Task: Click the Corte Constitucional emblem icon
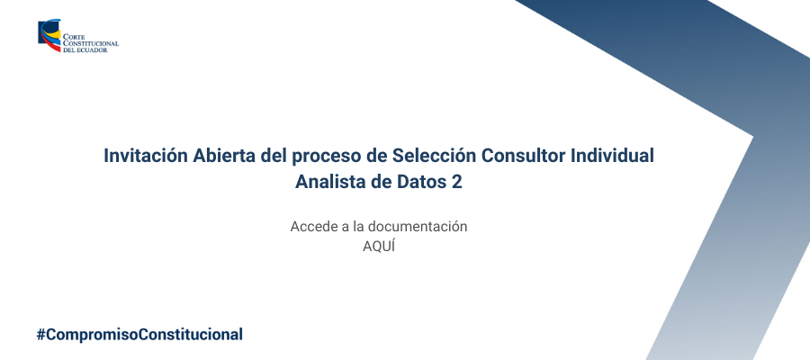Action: pos(49,36)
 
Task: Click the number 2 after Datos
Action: pos(456,183)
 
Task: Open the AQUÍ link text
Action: pos(379,247)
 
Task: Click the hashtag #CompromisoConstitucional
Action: pos(139,335)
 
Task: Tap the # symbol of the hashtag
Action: pos(40,335)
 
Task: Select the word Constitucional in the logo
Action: pos(91,44)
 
